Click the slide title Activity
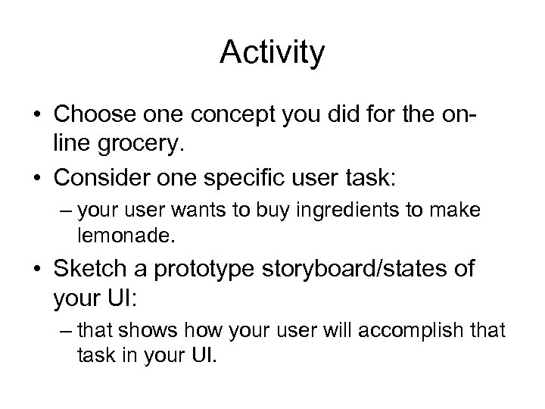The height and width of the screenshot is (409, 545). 272,52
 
